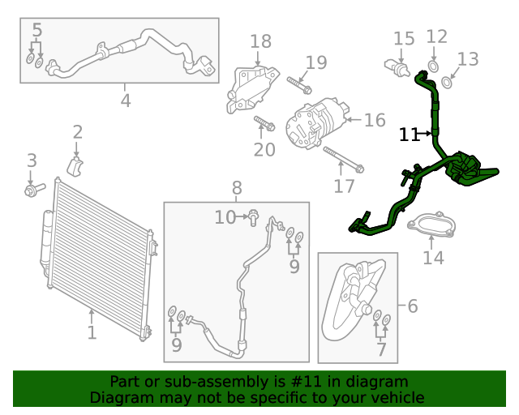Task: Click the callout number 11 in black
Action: click(409, 135)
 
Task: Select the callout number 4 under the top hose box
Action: click(125, 101)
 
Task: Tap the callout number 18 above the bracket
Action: click(260, 41)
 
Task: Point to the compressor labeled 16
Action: click(318, 123)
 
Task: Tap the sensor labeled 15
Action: click(397, 67)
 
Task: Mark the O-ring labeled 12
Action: click(433, 66)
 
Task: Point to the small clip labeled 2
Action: click(75, 166)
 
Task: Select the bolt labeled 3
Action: click(32, 190)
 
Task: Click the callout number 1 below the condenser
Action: click(92, 332)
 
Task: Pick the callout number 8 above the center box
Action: click(237, 188)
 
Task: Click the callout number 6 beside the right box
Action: click(412, 306)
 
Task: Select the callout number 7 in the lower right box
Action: click(381, 350)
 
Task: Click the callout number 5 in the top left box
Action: click(36, 32)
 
